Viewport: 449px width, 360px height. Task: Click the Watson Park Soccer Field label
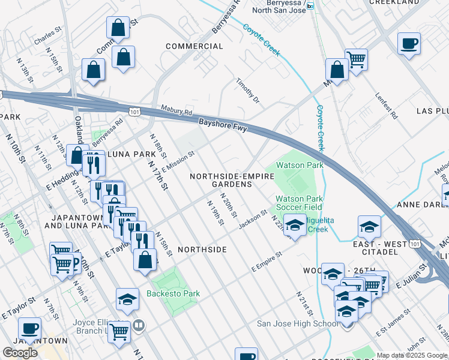(x=299, y=203)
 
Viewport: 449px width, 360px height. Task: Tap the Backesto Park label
(x=173, y=293)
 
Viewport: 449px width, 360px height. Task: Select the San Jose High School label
(x=298, y=324)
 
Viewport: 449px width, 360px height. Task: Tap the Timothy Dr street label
(x=247, y=91)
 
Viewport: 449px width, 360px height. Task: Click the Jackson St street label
(x=252, y=219)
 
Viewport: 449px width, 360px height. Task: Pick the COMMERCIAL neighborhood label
(x=194, y=46)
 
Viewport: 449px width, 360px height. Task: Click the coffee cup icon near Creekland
(x=409, y=43)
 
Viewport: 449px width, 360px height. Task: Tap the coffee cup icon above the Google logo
(x=29, y=328)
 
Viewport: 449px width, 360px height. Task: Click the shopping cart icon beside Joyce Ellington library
(x=119, y=330)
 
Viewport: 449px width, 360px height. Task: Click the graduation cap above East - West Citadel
(x=369, y=226)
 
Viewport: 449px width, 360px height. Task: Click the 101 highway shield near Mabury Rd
(x=134, y=111)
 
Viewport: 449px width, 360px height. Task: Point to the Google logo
(x=20, y=353)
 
